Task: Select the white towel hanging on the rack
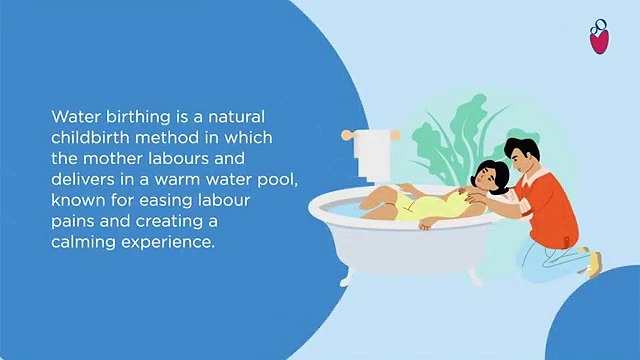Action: [x=371, y=150]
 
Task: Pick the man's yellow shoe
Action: [x=594, y=262]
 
